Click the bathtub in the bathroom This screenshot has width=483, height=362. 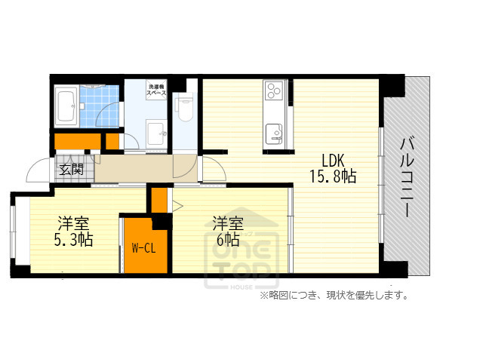point(66,108)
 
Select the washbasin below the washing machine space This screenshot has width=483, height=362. point(158,133)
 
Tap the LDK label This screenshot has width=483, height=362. point(333,161)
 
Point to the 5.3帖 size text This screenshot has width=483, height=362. point(74,241)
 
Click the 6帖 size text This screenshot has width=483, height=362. point(226,241)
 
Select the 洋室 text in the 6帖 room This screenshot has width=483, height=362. point(227,223)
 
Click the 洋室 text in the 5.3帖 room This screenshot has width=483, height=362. point(74,223)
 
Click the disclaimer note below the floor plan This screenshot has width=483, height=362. point(334,296)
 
